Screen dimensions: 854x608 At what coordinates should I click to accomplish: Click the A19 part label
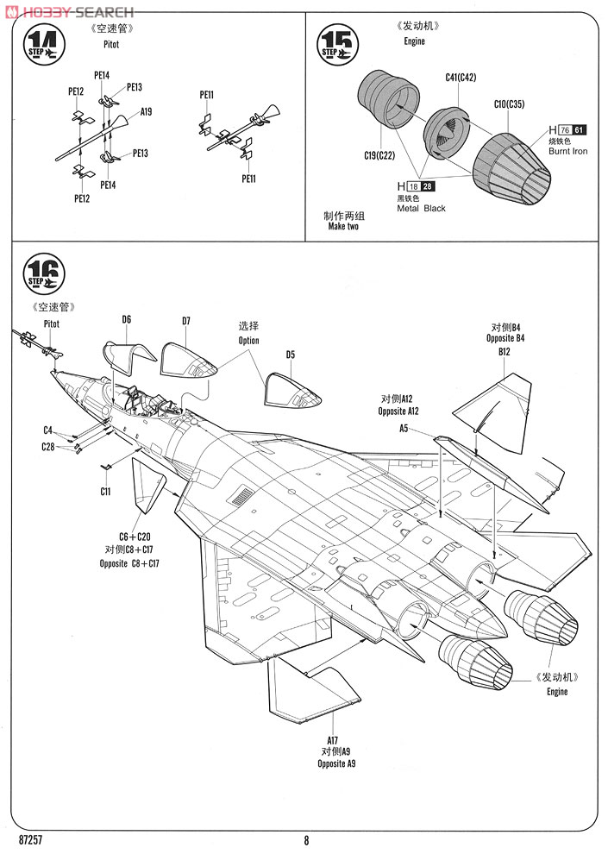(146, 112)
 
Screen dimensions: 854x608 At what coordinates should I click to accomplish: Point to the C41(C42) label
(461, 78)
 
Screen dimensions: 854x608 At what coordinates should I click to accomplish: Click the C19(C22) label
(379, 154)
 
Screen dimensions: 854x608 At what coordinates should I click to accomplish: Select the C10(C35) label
(509, 104)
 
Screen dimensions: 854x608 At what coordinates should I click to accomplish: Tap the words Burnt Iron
(567, 152)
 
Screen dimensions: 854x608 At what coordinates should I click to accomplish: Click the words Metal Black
(421, 209)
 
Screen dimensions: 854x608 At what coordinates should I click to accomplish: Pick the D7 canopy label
(186, 322)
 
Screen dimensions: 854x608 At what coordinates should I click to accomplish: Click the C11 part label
(104, 491)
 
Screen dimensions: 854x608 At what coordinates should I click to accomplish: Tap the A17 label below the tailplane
(333, 740)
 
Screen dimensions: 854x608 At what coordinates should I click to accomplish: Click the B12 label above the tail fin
(505, 351)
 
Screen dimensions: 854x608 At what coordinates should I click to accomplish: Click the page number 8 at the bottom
(306, 840)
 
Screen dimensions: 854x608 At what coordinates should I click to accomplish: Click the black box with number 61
(580, 129)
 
